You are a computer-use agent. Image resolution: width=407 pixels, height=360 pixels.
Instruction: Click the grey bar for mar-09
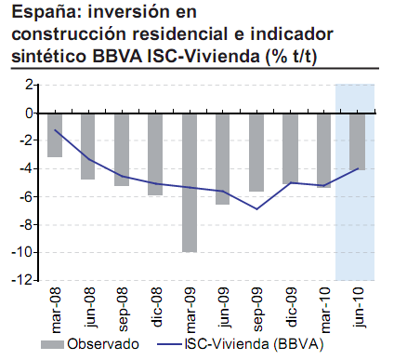[190, 181]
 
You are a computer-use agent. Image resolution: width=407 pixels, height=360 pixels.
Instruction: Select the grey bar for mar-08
[55, 134]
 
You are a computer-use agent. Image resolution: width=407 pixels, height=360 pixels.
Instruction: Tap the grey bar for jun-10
[358, 140]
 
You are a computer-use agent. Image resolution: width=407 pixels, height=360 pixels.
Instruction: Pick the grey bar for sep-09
[256, 152]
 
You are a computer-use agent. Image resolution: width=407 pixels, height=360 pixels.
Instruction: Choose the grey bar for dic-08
[155, 153]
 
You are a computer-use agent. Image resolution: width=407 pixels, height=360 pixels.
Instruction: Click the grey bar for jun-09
[223, 158]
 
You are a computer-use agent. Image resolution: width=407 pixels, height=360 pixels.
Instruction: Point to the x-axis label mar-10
[324, 307]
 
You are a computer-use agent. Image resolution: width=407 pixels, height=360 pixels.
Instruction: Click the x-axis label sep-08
[123, 307]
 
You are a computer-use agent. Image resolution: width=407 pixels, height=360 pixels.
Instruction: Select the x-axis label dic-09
[291, 307]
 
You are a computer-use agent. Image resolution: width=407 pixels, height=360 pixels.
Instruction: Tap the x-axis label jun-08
[89, 307]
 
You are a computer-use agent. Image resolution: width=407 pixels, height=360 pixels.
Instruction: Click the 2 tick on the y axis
[30, 85]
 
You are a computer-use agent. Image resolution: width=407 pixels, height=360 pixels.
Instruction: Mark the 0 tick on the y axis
[30, 113]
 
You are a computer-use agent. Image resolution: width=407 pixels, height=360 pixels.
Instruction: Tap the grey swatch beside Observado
[54, 344]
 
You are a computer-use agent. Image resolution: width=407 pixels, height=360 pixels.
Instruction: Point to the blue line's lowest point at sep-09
[256, 208]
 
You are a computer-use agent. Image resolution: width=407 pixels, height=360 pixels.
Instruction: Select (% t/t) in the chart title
[289, 54]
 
